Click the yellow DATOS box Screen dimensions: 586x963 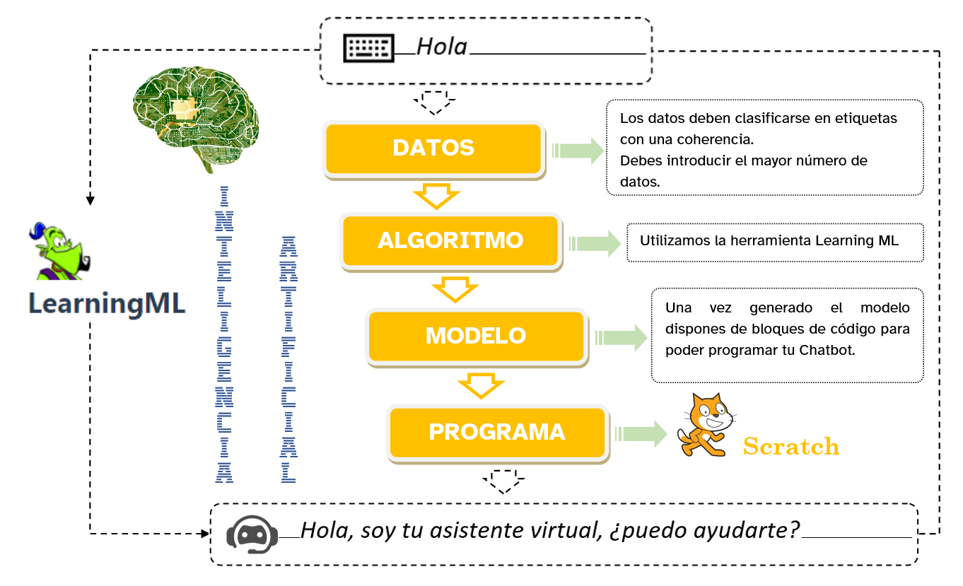[433, 148]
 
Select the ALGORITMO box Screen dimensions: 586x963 [450, 240]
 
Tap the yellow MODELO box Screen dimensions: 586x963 [476, 335]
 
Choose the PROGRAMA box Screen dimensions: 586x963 [497, 432]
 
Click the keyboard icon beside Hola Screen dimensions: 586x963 [368, 48]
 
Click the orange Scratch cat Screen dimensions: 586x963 [702, 426]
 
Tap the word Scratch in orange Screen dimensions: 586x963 [791, 447]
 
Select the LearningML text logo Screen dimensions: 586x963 [107, 304]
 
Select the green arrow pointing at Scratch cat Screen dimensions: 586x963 [641, 433]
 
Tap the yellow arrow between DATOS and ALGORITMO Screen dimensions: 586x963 [436, 197]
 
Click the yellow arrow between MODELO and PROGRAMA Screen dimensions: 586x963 [481, 385]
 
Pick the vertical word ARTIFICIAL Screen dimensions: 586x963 [288, 360]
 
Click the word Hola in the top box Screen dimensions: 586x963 [442, 47]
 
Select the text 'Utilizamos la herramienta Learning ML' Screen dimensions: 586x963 [769, 240]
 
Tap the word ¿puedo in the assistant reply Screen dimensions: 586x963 [638, 530]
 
